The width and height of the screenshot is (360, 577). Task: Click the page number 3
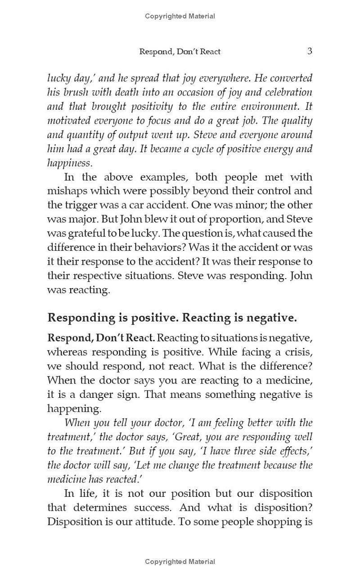(310, 51)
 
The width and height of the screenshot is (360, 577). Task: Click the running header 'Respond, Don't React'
(180, 51)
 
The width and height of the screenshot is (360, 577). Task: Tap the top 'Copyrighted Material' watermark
(180, 16)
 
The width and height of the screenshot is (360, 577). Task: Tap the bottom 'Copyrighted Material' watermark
(180, 561)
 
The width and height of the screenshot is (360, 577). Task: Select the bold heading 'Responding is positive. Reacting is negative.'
(172, 318)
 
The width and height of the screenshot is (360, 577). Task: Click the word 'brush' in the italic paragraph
(76, 92)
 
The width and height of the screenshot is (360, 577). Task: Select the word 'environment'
(270, 107)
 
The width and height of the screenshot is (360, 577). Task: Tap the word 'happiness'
(69, 163)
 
